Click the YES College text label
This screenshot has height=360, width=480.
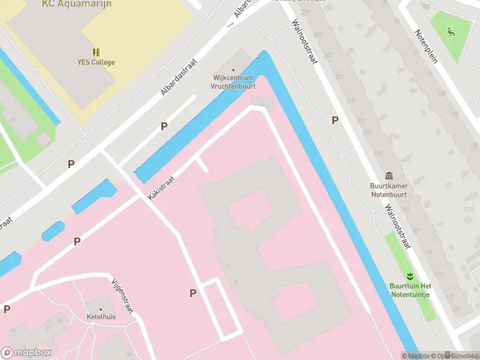point(96,62)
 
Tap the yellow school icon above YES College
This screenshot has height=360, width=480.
point(96,53)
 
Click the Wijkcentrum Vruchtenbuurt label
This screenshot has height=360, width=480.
point(233,82)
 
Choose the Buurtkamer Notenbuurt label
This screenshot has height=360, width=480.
point(390,190)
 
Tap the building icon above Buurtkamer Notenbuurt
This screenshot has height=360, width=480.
point(390,176)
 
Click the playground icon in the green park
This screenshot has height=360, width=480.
point(451,30)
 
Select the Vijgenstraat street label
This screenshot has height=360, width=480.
point(122,295)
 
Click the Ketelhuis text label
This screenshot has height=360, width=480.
point(101,316)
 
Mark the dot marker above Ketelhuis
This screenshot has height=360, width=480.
point(93,307)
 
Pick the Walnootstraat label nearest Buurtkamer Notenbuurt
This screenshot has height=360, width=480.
point(397,226)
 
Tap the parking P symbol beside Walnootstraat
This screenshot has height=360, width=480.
point(335,121)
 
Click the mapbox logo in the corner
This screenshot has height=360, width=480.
point(26,353)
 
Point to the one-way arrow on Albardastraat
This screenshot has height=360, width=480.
point(230,25)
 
